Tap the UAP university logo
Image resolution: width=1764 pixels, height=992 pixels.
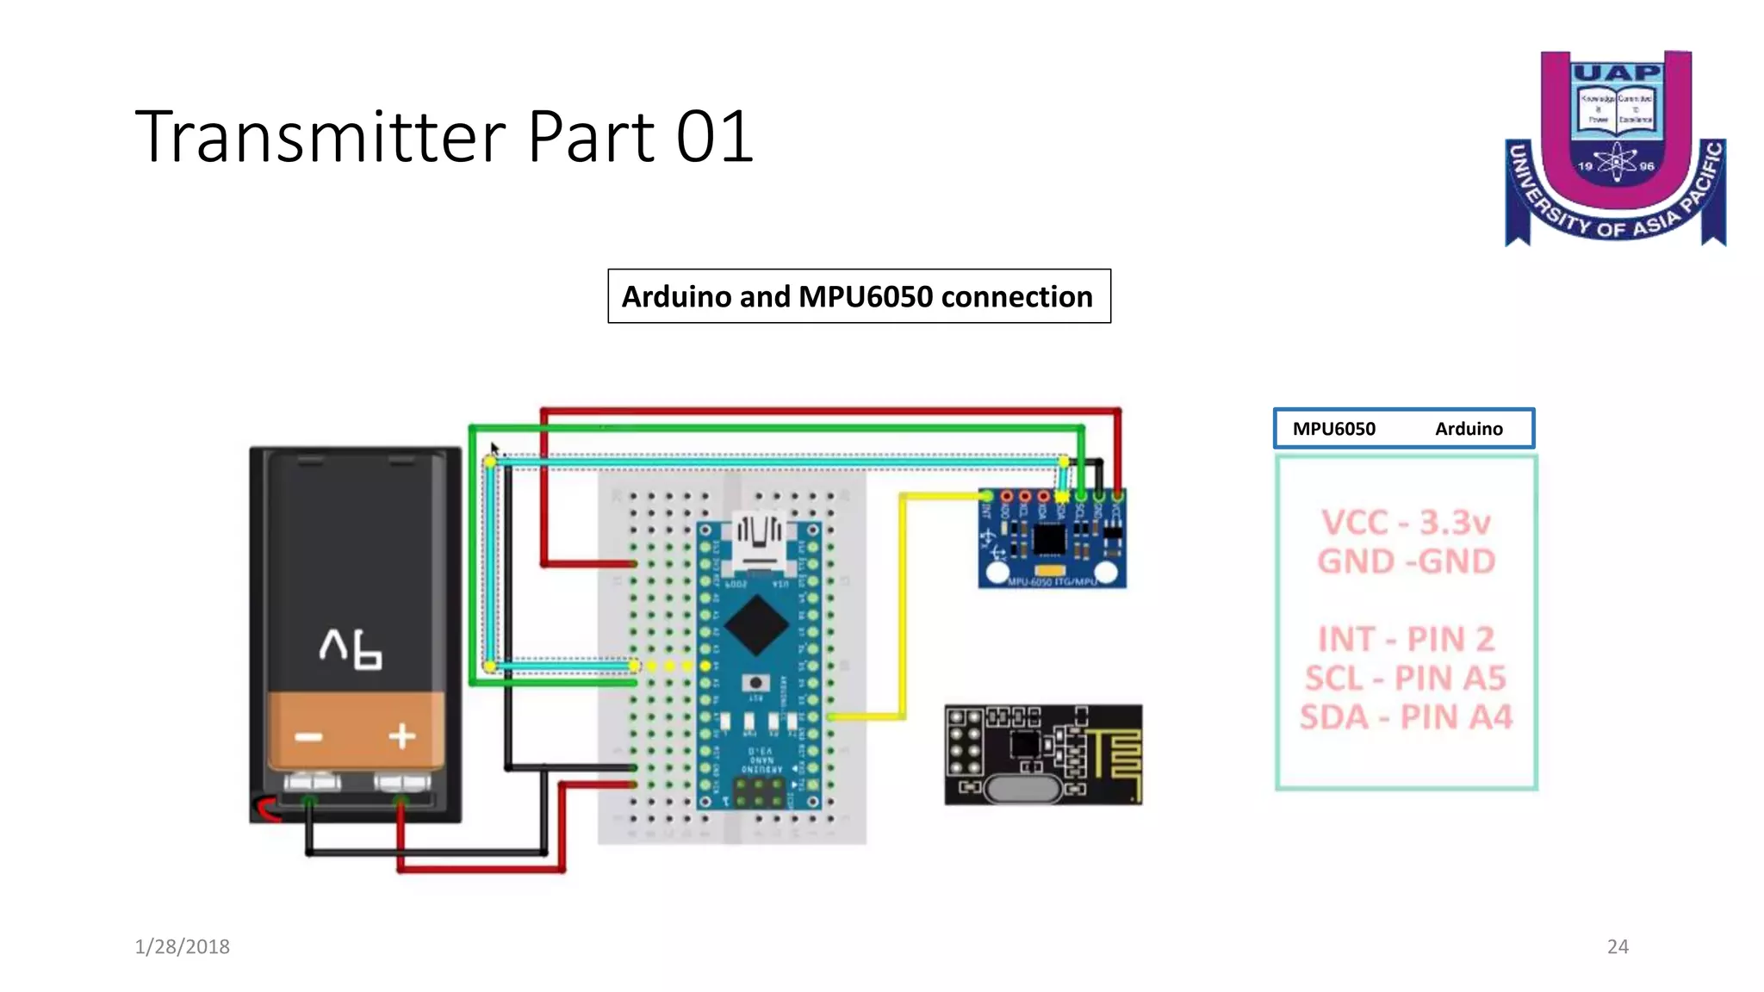(x=1616, y=148)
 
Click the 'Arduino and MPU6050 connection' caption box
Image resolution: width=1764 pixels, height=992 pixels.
(x=858, y=296)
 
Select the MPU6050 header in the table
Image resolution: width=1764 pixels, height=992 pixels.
(x=1333, y=429)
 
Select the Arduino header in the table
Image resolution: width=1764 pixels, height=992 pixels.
(x=1468, y=429)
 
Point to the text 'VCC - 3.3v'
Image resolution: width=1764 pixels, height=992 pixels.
(x=1406, y=523)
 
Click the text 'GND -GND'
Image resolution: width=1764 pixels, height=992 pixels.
(x=1406, y=561)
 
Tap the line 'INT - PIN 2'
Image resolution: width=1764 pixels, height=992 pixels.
(x=1406, y=639)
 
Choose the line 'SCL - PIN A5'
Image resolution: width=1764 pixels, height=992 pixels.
(x=1406, y=679)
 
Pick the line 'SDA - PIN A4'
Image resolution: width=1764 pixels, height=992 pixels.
(x=1406, y=717)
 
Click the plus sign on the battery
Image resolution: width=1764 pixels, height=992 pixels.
(x=401, y=736)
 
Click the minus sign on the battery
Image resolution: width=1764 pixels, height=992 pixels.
(x=308, y=737)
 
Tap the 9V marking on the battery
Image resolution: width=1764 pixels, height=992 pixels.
(x=351, y=648)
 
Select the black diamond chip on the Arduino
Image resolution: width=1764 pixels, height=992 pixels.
(x=756, y=625)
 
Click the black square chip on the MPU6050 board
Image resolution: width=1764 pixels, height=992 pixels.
(x=1048, y=540)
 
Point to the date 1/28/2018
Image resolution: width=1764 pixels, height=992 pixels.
(x=182, y=946)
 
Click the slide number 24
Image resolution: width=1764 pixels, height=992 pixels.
(x=1617, y=946)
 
